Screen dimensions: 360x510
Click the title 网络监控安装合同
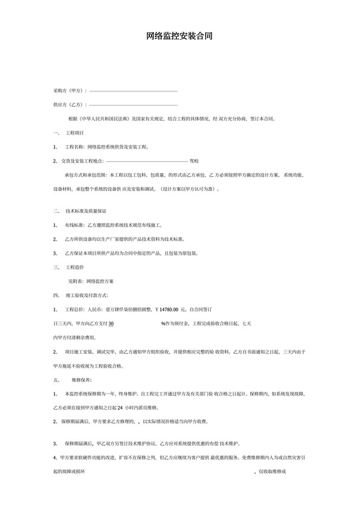click(x=179, y=37)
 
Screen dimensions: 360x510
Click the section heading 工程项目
click(x=75, y=132)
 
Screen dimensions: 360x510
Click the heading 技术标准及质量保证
click(x=86, y=210)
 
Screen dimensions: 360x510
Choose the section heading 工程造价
click(x=75, y=267)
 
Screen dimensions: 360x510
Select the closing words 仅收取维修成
click(x=273, y=471)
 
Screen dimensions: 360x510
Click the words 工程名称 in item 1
click(x=75, y=147)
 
